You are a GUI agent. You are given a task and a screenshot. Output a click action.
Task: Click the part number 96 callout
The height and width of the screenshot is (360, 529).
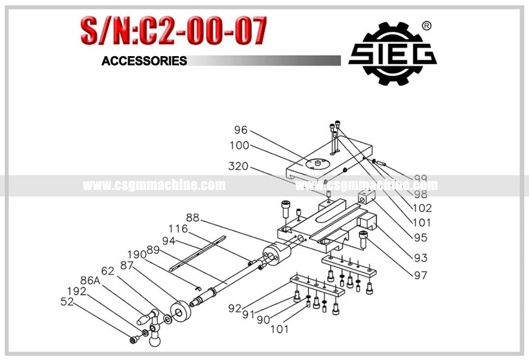coord(241,130)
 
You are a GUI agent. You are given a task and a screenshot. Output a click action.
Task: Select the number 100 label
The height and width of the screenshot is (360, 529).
coord(239,146)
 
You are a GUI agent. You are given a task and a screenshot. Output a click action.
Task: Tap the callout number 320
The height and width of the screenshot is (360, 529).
coord(239,166)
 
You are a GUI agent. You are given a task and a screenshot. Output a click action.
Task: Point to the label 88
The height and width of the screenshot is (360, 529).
coord(193,217)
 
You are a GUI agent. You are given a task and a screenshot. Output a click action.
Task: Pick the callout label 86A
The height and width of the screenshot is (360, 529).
coord(90,281)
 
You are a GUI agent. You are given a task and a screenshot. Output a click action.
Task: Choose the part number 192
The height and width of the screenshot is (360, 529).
coord(77,291)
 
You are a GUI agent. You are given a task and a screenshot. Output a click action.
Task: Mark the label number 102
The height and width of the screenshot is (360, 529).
coord(421,208)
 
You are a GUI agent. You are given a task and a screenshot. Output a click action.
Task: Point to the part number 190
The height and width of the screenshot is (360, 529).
coord(136,255)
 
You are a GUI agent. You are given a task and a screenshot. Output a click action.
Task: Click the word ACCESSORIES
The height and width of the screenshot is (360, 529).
coord(144,61)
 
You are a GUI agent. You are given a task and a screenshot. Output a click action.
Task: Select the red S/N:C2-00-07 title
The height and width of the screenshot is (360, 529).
coord(173,31)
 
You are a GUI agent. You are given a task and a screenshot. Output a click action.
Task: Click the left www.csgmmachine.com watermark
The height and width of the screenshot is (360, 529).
coord(154,185)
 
